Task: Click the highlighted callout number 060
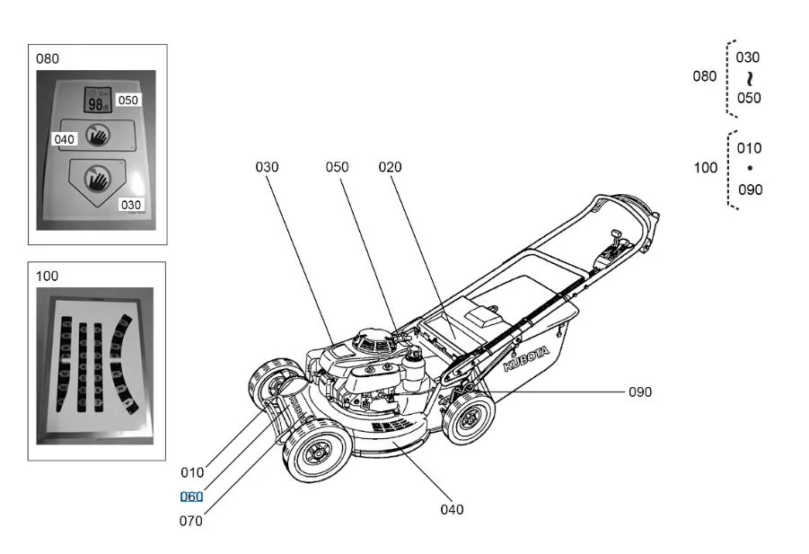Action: coord(191,497)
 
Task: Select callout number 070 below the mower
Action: coord(191,521)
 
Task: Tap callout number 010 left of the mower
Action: coord(192,472)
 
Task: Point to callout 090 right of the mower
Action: coord(639,392)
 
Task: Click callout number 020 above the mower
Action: coord(390,167)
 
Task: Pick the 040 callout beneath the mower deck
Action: coord(452,510)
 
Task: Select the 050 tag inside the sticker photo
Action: coord(128,101)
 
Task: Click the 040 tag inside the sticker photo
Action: coord(64,139)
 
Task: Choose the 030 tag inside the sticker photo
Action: coord(131,205)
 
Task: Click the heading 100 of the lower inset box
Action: coord(47,276)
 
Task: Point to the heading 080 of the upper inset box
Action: coord(48,59)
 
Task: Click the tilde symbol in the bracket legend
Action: coord(749,78)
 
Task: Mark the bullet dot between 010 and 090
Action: coord(750,169)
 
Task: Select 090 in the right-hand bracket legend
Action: coord(750,189)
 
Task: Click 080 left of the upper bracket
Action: coord(705,76)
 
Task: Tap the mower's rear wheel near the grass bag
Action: coord(470,418)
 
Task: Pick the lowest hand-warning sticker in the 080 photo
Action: coord(94,179)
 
